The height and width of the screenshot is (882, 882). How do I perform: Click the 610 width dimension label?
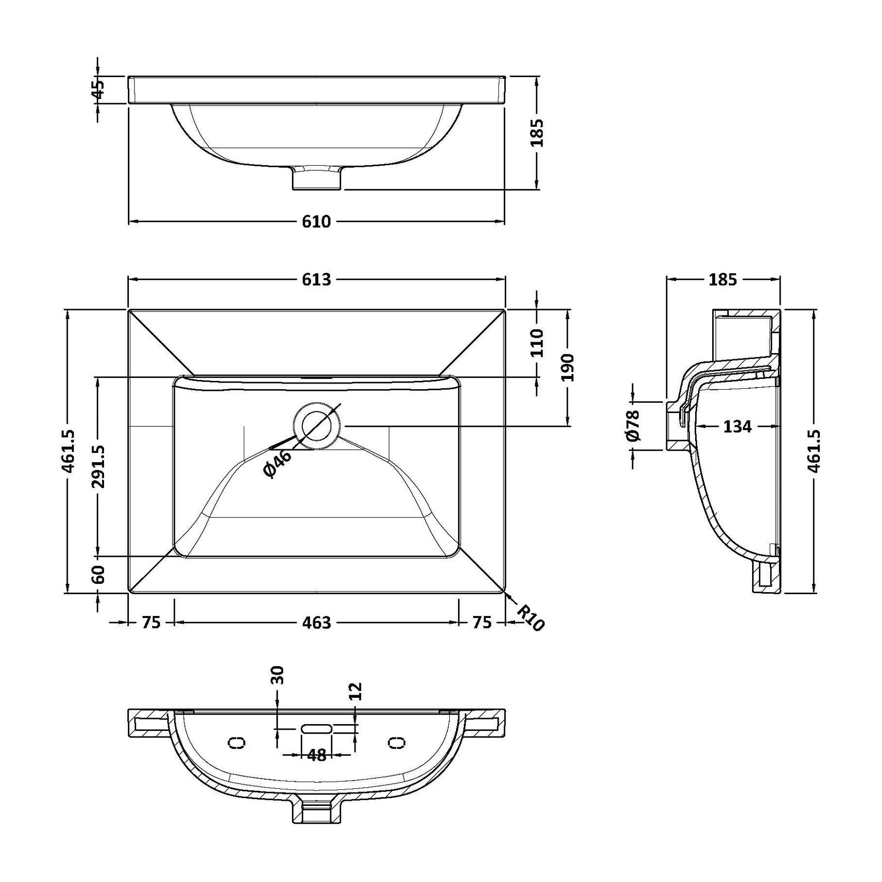(316, 222)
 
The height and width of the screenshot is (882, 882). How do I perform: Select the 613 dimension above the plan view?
(316, 280)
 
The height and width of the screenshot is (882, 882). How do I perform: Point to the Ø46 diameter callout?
(277, 463)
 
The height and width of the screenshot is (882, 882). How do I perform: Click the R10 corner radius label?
(531, 619)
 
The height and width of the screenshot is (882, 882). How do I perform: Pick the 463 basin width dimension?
(316, 622)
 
